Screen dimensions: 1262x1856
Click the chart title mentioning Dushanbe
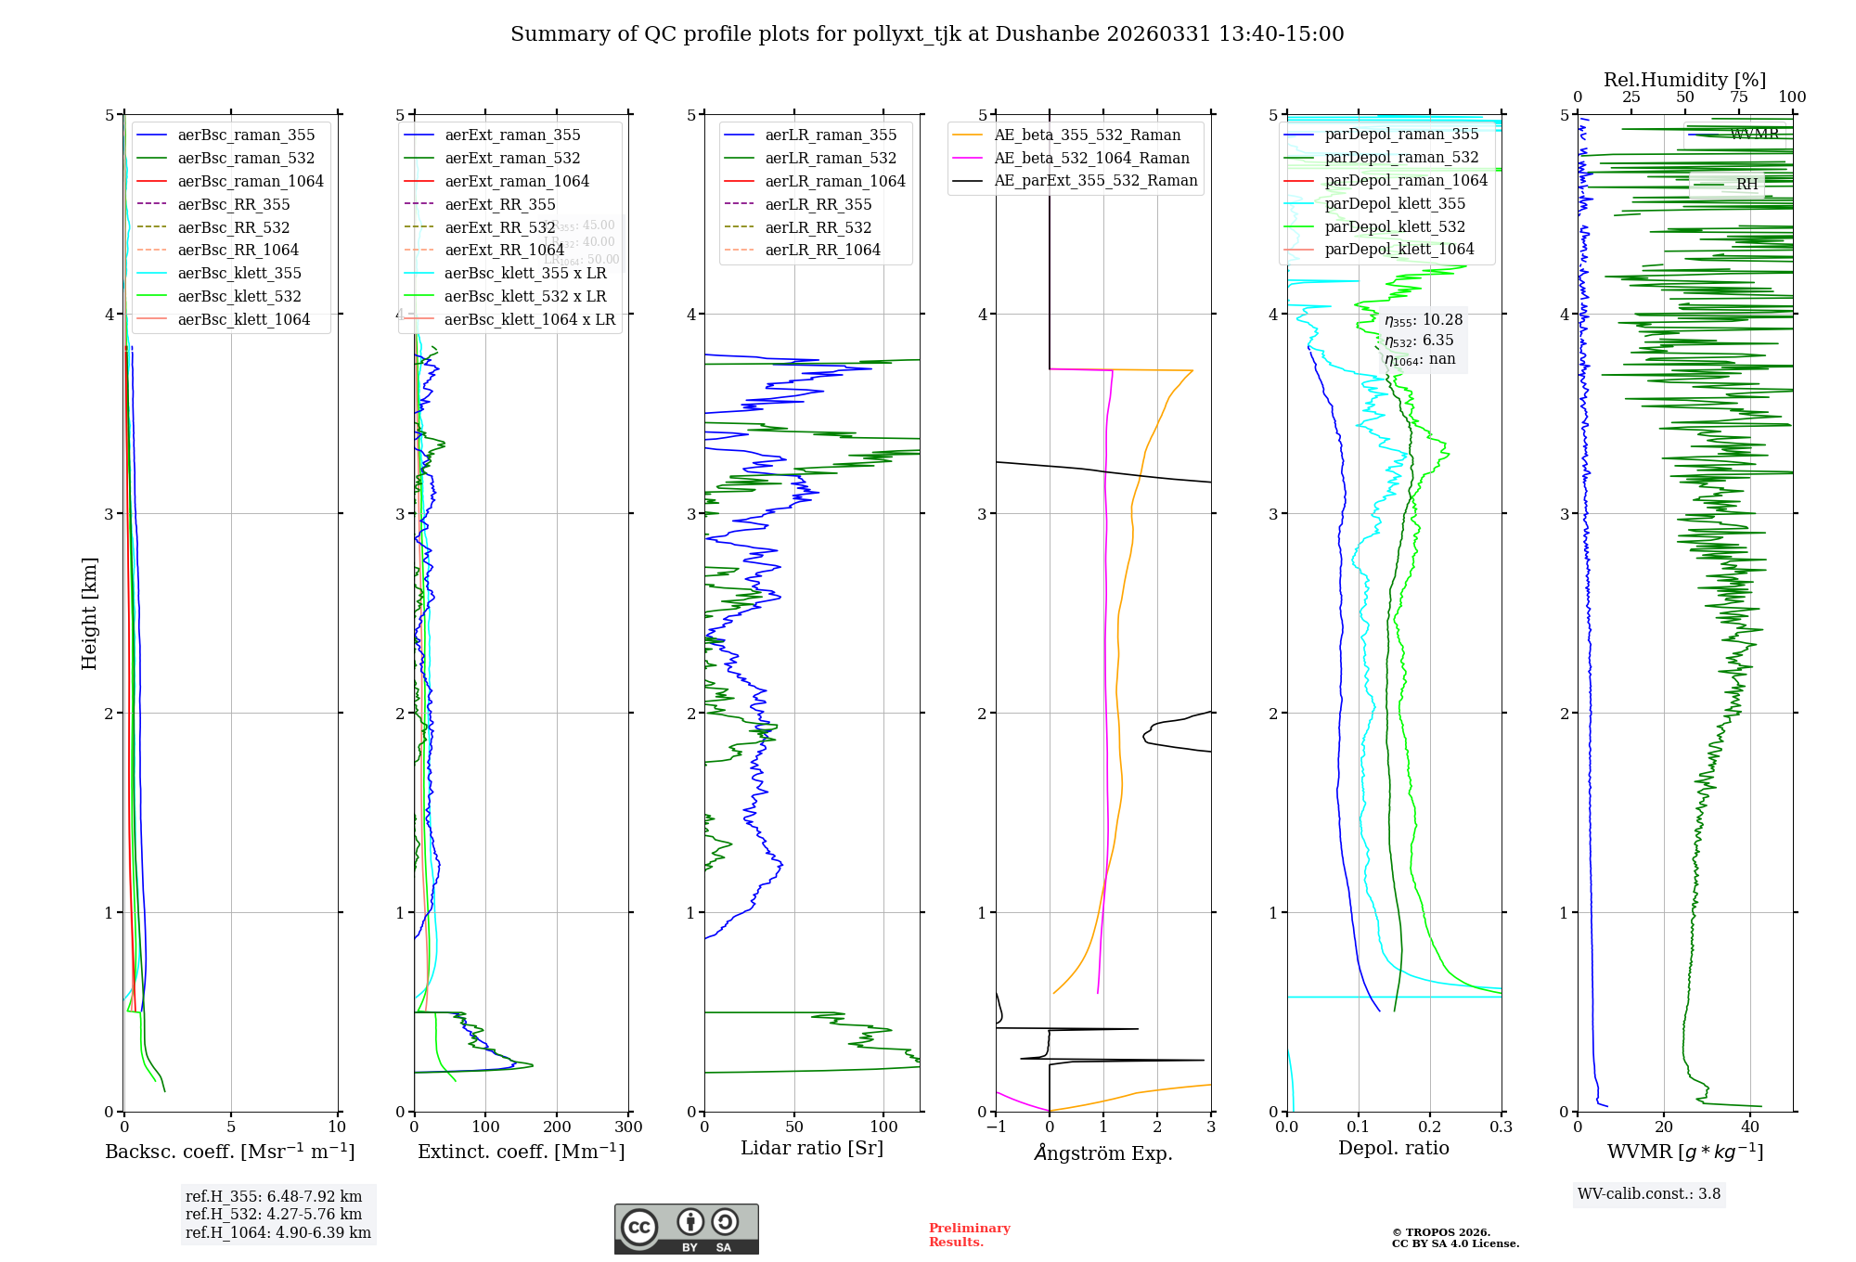927,34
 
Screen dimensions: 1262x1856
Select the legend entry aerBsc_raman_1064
251,181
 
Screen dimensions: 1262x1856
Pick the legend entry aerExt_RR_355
499,204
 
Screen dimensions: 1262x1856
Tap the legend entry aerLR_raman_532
831,158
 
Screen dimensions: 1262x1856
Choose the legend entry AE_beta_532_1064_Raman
1091,158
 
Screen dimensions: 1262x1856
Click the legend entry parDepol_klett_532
1395,226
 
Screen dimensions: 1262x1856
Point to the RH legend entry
1746,185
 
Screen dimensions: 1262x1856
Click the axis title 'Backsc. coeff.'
230,1152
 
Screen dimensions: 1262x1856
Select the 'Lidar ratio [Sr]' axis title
812,1148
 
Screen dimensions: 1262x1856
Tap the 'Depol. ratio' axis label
1393,1148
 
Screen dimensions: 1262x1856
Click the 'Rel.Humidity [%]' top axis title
1684,80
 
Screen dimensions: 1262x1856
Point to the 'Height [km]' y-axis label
89,612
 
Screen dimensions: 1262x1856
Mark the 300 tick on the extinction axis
628,1127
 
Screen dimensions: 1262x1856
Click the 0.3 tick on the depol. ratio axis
1501,1127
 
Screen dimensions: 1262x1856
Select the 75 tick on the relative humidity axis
1738,97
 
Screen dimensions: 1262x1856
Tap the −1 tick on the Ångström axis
996,1127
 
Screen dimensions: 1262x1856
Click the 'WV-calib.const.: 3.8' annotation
1648,1194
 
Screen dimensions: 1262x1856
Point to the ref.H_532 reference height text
274,1215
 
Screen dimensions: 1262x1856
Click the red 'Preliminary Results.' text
969,1235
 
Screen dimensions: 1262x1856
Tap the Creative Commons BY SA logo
686,1229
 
